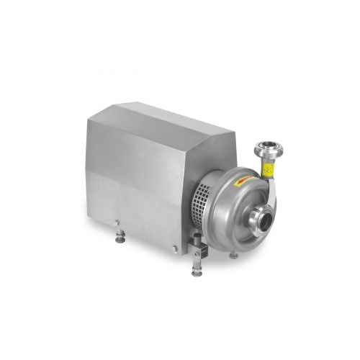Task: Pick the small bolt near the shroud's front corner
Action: [x=174, y=249]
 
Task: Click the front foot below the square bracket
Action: [x=197, y=272]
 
